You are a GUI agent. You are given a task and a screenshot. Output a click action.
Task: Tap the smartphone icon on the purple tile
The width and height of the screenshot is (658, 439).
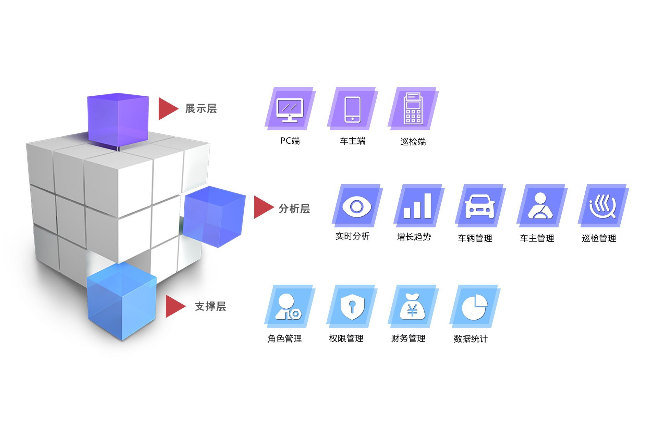pos(352,109)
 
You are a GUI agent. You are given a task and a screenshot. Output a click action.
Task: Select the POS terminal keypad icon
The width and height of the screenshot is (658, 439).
pos(413,109)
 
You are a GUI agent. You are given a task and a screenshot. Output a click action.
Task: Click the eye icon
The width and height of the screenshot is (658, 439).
pos(356,206)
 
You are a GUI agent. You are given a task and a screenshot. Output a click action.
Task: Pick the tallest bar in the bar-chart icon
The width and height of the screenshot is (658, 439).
pos(427,205)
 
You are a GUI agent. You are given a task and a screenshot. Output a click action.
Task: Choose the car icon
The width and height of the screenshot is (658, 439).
pos(479,206)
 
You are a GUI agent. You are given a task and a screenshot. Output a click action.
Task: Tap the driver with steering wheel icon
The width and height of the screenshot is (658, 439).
pos(540,206)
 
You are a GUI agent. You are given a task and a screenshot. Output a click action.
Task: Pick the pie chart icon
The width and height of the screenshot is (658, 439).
pos(475,307)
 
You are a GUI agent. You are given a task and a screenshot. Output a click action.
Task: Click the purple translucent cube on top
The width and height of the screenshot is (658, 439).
pos(118,120)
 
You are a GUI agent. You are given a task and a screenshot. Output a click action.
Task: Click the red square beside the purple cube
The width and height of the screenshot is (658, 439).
pos(169,109)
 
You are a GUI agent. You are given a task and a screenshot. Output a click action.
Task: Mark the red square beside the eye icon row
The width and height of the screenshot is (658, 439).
pos(264,207)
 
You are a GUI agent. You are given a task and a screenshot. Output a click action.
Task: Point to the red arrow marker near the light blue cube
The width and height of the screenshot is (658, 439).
pos(175,307)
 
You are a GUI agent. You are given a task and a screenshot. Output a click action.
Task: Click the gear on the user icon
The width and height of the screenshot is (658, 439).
pos(295,314)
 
